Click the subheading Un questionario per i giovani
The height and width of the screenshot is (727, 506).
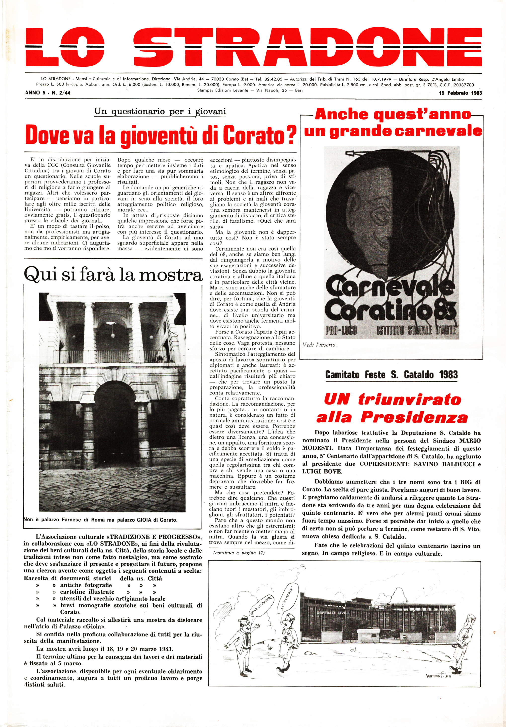pyautogui.click(x=160, y=111)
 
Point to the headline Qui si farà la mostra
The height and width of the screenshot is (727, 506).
pyautogui.click(x=113, y=274)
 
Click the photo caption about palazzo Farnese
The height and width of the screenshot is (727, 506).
pyautogui.click(x=101, y=520)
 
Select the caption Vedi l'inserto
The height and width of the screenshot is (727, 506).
pyautogui.click(x=319, y=345)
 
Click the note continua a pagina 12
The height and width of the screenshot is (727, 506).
pyautogui.click(x=239, y=553)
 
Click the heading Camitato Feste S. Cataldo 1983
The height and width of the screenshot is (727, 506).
pyautogui.click(x=391, y=375)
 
